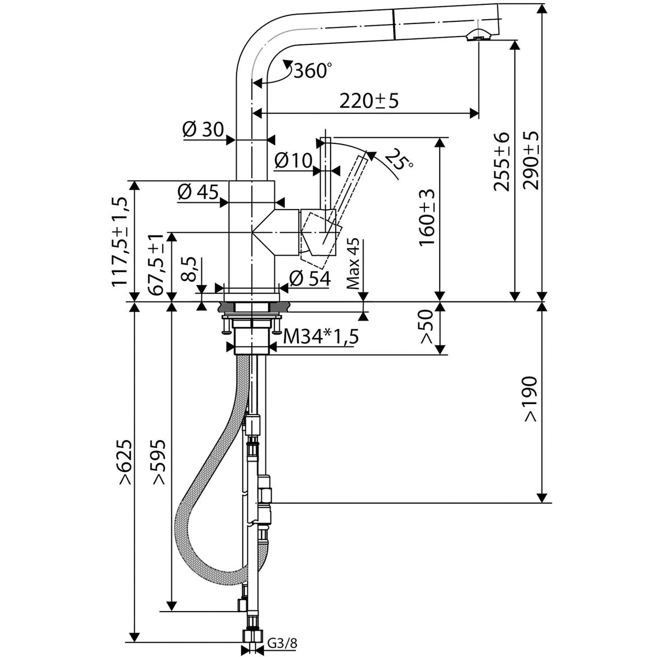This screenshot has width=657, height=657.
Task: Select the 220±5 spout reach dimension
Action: (368, 101)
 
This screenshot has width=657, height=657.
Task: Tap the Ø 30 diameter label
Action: (202, 129)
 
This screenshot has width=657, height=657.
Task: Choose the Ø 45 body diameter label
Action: (198, 192)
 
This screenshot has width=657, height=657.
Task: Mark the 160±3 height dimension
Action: (427, 217)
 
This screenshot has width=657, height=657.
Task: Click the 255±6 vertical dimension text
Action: (502, 161)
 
